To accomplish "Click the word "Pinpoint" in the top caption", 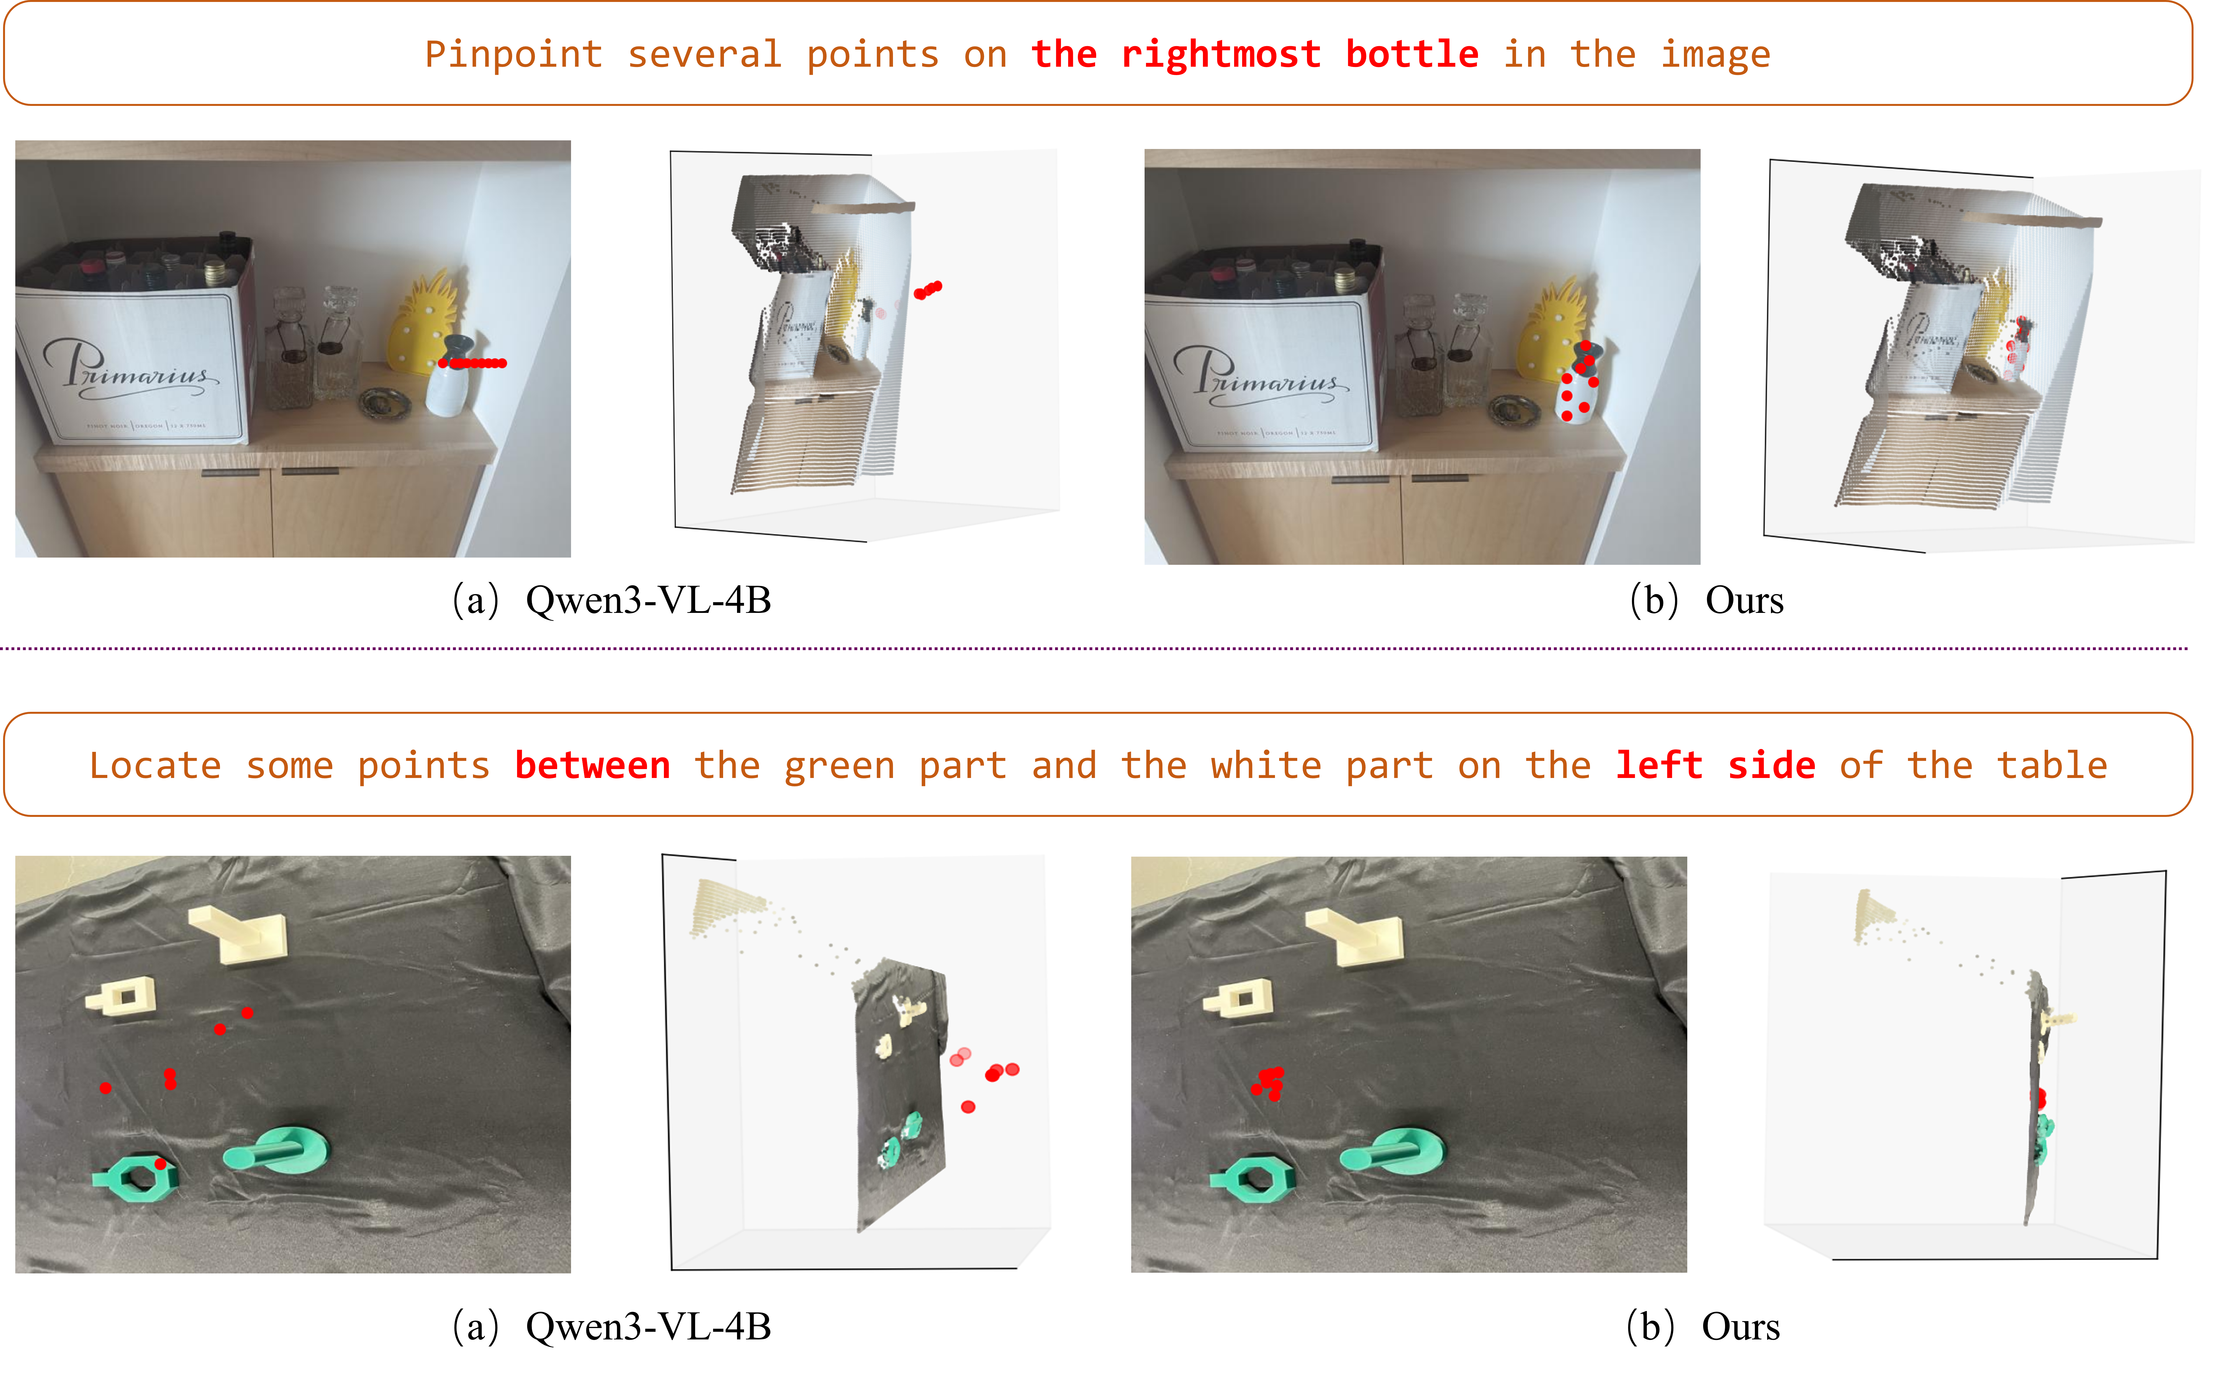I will (513, 54).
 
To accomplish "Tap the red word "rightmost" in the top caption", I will (1221, 54).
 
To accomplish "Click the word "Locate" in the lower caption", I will (155, 766).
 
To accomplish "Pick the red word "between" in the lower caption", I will (592, 766).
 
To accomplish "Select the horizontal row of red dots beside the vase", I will (473, 363).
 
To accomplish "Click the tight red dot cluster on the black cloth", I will (1269, 1082).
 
